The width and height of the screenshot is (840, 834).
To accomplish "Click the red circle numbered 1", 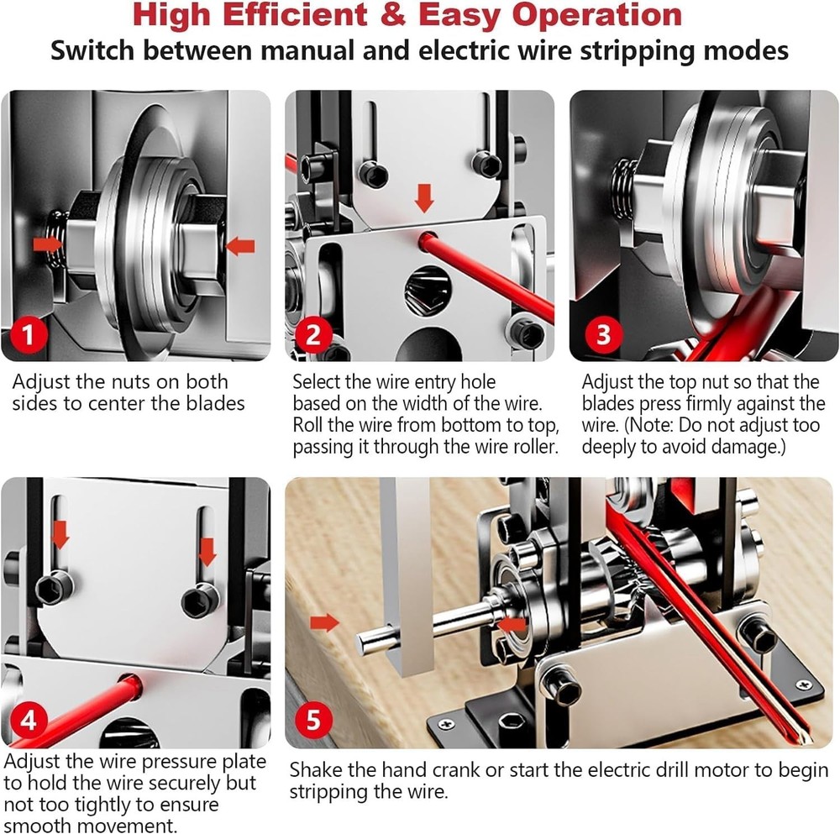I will (x=29, y=335).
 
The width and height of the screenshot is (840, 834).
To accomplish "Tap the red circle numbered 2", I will (x=313, y=335).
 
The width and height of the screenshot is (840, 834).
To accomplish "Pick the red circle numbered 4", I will (x=29, y=721).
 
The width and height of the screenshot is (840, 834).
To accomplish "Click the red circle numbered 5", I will (x=313, y=721).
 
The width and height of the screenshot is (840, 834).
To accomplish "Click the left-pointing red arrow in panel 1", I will (x=240, y=246).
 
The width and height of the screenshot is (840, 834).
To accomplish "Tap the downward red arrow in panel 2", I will (x=425, y=199).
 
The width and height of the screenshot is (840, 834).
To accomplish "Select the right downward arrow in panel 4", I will (x=207, y=552).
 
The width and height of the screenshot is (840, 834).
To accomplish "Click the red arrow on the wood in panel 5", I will (x=323, y=622).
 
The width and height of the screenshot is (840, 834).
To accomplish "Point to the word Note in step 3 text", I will (x=673, y=425).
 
